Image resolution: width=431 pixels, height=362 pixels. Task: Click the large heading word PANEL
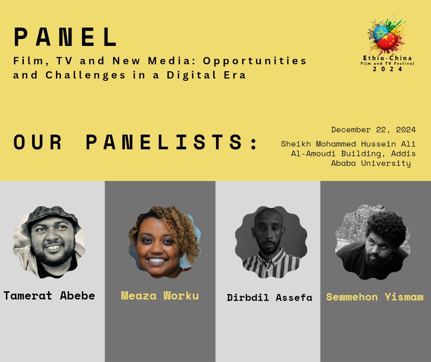click(x=66, y=37)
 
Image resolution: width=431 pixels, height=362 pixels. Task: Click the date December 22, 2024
click(x=373, y=130)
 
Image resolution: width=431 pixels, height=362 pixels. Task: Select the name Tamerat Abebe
click(x=49, y=295)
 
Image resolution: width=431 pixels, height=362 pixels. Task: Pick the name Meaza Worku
click(x=160, y=295)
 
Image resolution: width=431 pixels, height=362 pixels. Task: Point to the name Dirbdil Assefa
click(x=270, y=298)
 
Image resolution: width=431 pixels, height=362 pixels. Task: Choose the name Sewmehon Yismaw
click(x=375, y=297)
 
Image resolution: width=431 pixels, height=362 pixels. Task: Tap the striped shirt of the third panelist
click(x=271, y=264)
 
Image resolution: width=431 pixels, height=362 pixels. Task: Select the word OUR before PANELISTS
click(x=38, y=142)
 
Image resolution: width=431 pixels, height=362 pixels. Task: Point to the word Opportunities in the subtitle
click(x=254, y=61)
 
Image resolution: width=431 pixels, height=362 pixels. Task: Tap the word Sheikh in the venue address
click(x=296, y=144)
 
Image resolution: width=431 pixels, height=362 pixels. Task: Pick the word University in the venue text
click(x=386, y=163)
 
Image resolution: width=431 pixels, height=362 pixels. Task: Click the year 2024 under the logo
click(x=387, y=69)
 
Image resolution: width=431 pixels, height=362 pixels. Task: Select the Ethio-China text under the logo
click(x=387, y=58)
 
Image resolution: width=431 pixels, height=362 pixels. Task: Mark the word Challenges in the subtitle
click(x=85, y=75)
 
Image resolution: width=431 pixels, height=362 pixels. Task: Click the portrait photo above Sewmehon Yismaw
click(x=372, y=242)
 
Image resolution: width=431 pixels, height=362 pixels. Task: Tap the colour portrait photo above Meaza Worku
click(x=165, y=242)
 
